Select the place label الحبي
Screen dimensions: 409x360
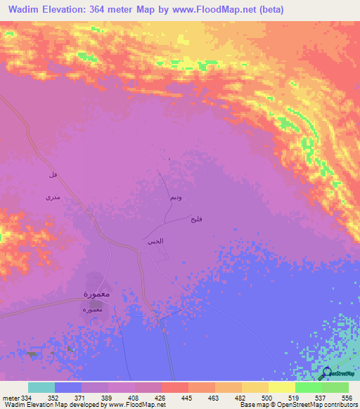155,241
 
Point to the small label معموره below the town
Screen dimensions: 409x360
92,309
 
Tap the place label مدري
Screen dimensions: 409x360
53,198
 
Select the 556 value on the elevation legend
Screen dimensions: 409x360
347,398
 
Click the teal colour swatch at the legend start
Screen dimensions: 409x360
41,387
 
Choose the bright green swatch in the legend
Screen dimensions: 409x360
308,387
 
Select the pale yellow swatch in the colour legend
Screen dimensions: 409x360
281,387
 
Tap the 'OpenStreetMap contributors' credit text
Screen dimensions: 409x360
316,405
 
